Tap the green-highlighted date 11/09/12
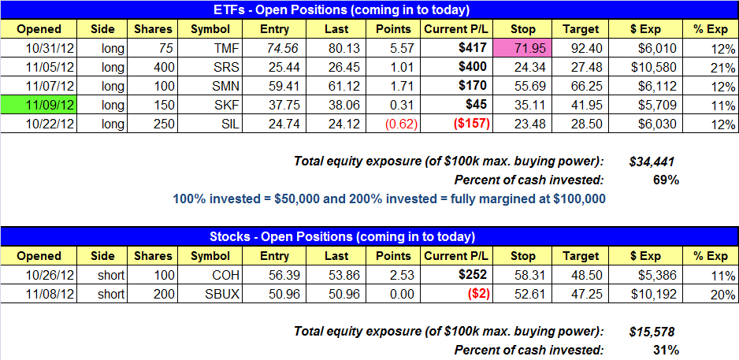point(39,105)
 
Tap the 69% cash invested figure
point(666,180)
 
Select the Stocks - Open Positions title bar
point(369,237)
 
